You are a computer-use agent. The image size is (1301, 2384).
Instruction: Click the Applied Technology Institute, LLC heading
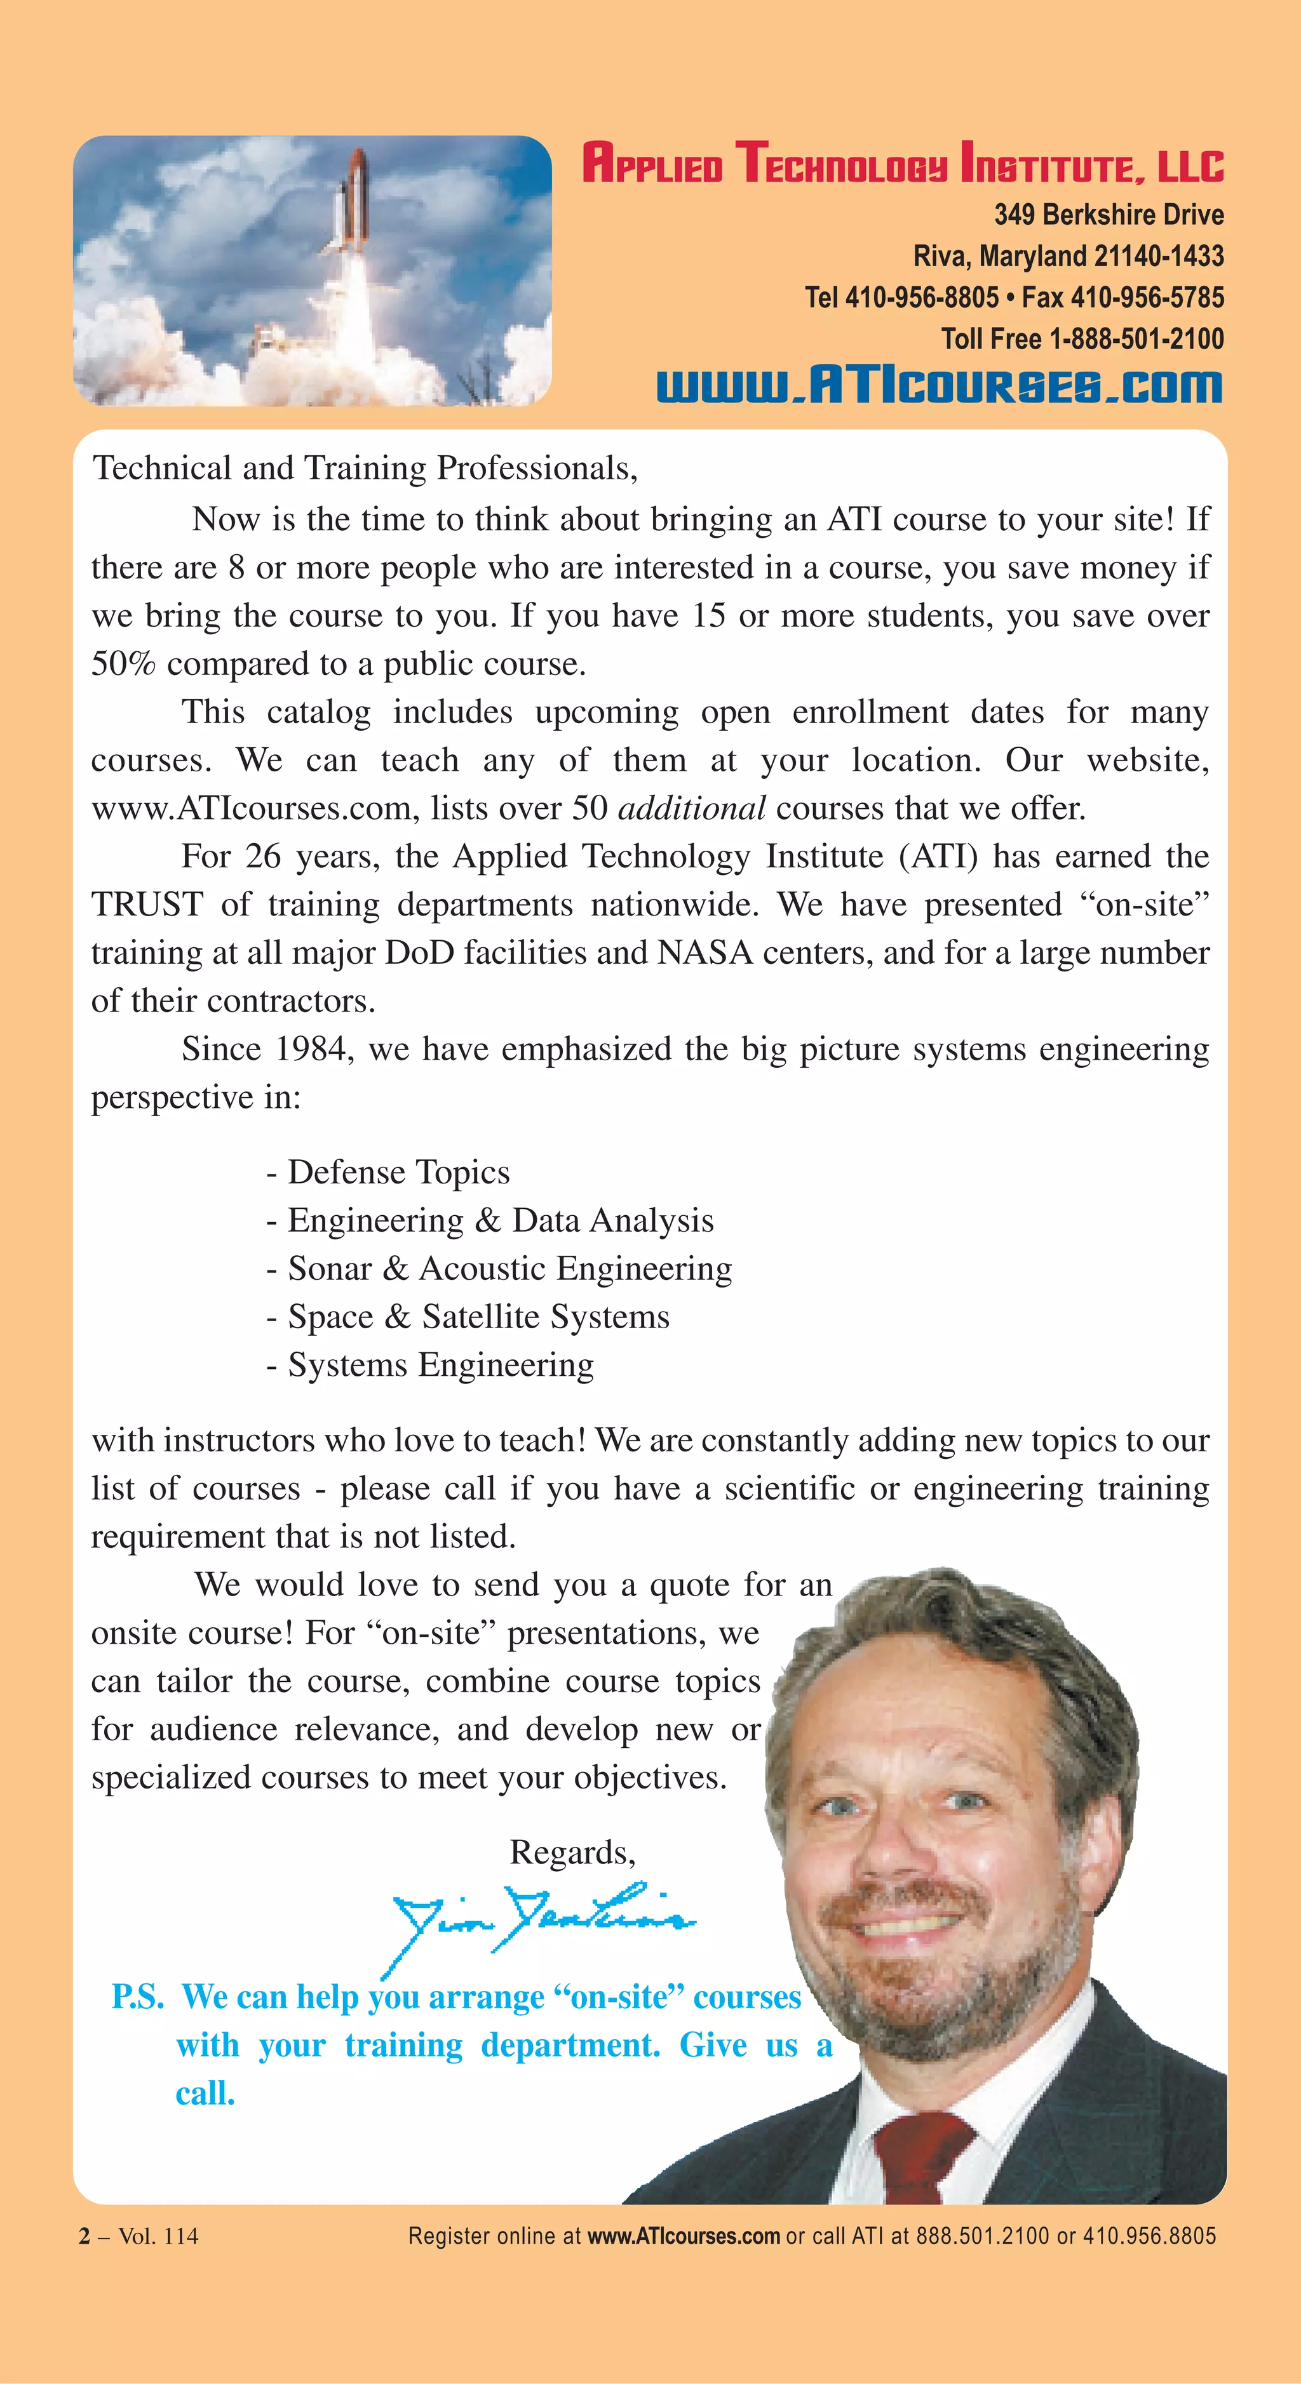click(903, 164)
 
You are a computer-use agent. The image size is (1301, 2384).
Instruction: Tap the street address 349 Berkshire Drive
click(1109, 215)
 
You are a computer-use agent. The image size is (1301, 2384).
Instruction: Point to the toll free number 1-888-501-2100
click(1136, 339)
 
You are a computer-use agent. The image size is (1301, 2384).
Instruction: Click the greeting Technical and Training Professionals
click(365, 469)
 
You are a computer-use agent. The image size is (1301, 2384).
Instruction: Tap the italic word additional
click(691, 808)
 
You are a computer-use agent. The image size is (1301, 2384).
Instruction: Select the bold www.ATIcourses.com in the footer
click(684, 2236)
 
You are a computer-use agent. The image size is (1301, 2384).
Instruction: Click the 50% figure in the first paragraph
click(122, 663)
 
